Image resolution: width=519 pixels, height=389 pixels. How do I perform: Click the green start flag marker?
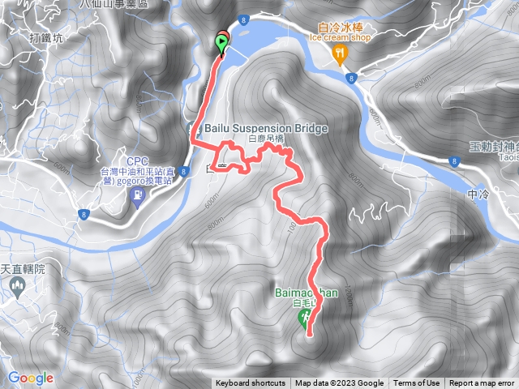222,43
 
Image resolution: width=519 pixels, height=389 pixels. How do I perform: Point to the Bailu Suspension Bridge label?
265,128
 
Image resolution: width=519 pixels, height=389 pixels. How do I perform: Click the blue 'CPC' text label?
137,160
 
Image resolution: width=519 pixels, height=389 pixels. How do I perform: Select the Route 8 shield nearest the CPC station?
84,214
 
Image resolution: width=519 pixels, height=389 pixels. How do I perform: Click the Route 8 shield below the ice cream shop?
351,78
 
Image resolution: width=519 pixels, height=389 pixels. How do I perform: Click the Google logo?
30,378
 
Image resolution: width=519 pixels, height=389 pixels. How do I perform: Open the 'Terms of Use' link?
417,383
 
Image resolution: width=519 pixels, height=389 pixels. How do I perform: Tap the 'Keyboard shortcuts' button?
251,383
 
